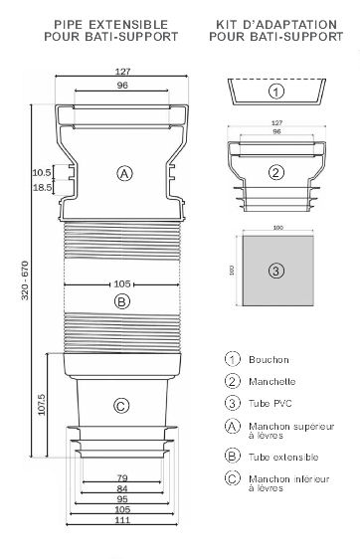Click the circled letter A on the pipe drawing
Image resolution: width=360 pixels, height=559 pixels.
point(124,174)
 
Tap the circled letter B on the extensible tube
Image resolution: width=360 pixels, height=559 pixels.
point(122,301)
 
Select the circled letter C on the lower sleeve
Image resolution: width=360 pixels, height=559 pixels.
point(121,406)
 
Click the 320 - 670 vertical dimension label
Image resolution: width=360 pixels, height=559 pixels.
point(25,280)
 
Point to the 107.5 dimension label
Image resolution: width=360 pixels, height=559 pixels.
point(42,405)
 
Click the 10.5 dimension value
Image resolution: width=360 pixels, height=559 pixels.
point(42,172)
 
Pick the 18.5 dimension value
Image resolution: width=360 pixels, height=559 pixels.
point(42,187)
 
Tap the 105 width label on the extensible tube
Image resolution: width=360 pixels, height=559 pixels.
point(122,284)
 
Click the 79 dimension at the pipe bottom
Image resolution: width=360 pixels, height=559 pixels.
point(122,477)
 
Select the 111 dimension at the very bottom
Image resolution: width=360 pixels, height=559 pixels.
point(122,520)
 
